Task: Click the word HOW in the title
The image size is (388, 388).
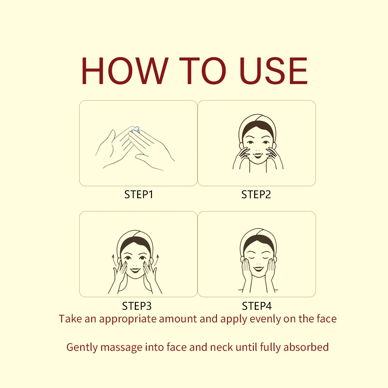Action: [x=125, y=71]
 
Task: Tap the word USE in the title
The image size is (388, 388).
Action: [x=274, y=71]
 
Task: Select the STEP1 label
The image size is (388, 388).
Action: [x=139, y=195]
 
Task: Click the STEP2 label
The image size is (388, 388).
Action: [x=256, y=195]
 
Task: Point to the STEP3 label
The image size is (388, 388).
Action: [x=137, y=306]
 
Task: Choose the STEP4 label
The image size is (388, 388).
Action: [x=257, y=306]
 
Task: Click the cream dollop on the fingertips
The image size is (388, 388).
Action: [x=135, y=129]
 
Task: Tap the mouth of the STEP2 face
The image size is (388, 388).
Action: [x=258, y=156]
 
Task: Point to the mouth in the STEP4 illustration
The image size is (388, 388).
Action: [x=258, y=269]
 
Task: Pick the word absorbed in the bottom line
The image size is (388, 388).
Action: [x=306, y=347]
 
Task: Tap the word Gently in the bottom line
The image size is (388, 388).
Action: [x=82, y=348]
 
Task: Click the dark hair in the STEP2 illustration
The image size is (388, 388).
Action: [x=258, y=127]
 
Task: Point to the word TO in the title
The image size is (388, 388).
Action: [x=202, y=71]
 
